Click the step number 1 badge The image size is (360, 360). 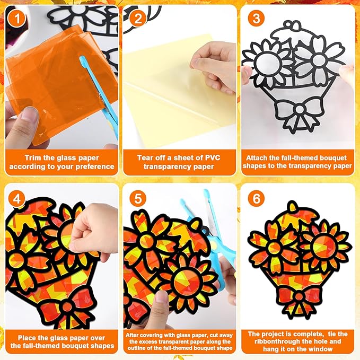pos(16,19)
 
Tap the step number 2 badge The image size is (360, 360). pos(138,19)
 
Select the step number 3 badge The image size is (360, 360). pos(256,19)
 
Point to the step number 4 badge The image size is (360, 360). pos(16,199)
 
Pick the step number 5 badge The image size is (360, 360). pos(138,199)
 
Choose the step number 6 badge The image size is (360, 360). pos(256,199)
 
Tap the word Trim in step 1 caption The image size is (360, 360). pos(33,158)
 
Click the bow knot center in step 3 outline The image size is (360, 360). pos(300,109)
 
